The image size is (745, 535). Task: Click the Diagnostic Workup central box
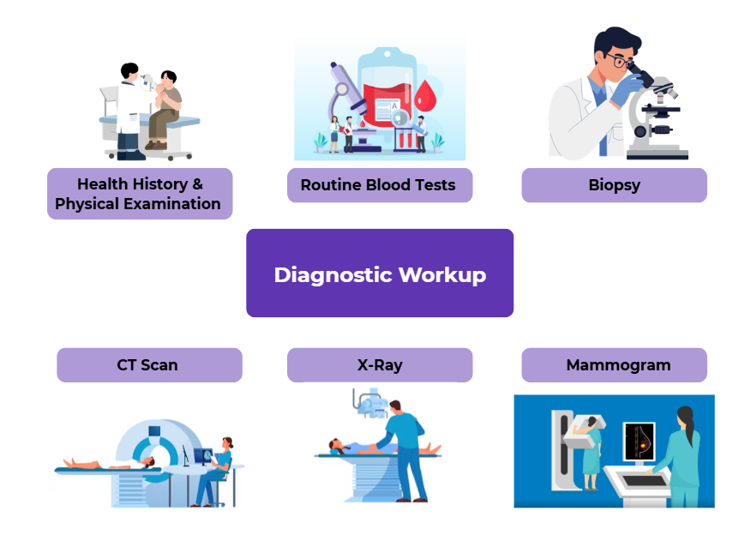click(380, 274)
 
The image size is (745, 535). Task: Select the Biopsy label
click(614, 185)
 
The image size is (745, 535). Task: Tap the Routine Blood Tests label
click(379, 185)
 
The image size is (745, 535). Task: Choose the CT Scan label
click(148, 364)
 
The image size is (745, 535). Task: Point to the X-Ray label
click(379, 364)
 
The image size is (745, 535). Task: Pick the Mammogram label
click(614, 364)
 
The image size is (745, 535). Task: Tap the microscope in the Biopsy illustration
click(656, 120)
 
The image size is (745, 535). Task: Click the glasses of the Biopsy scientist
click(616, 61)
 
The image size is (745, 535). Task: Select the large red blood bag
click(382, 99)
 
